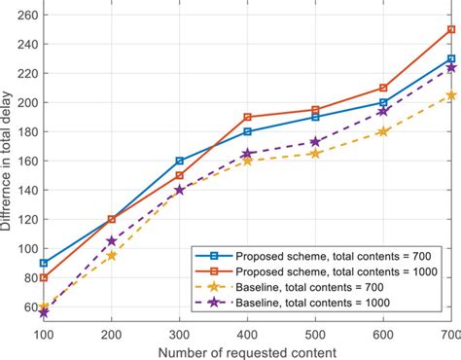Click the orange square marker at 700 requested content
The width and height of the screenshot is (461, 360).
point(451,29)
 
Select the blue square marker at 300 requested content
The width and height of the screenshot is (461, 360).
point(180,161)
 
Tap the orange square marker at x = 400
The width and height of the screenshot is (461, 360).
point(248,117)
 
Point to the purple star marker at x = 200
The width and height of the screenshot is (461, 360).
point(112,240)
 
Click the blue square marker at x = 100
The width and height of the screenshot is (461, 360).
point(44,263)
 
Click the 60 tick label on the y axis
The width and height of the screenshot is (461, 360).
point(28,306)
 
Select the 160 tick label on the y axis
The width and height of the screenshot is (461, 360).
point(25,161)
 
